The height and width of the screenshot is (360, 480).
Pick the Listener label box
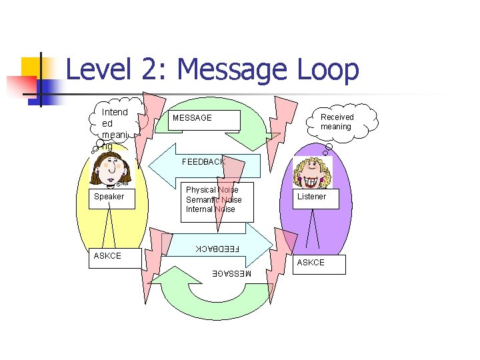tap(312, 197)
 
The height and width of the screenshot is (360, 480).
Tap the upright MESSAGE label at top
tap(193, 118)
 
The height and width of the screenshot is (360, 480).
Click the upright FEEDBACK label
tap(203, 162)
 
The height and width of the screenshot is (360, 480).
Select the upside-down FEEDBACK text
tap(216, 249)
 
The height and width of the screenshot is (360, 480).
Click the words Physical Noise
tap(212, 190)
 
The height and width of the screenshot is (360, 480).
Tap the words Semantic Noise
tap(213, 200)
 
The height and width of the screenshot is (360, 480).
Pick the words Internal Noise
tap(211, 209)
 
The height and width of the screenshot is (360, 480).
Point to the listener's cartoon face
tap(312, 172)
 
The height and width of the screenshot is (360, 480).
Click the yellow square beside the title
tap(31, 68)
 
